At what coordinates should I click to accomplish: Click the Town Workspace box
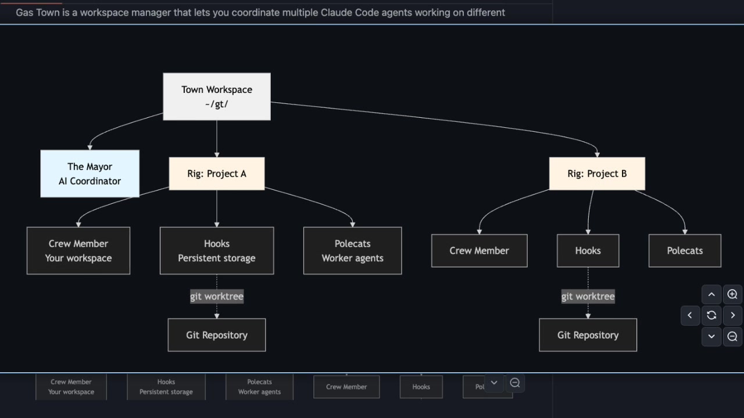point(216,96)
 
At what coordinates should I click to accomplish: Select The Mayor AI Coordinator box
point(90,174)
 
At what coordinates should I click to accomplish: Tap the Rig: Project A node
point(216,174)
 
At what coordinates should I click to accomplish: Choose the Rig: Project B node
point(597,174)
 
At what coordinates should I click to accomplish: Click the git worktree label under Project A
point(216,296)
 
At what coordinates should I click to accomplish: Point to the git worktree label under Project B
point(588,296)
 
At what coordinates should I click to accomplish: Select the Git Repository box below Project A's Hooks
point(216,335)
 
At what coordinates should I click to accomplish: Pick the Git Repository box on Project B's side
point(588,335)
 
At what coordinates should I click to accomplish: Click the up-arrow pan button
point(711,294)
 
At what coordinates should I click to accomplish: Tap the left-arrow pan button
point(690,315)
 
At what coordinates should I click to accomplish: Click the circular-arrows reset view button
point(711,315)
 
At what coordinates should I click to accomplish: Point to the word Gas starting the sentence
point(25,12)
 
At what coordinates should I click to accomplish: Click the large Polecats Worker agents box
point(352,251)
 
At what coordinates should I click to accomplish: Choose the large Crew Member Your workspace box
point(78,251)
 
